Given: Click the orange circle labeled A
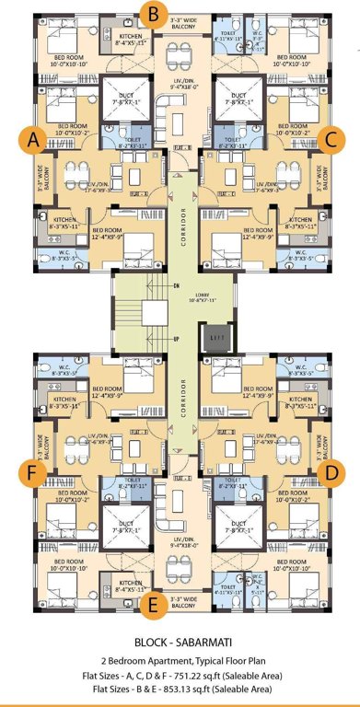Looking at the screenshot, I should (x=33, y=140).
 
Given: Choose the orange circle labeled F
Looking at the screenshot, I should (x=34, y=472).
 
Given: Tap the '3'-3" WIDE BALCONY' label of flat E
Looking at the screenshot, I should (x=181, y=598).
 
